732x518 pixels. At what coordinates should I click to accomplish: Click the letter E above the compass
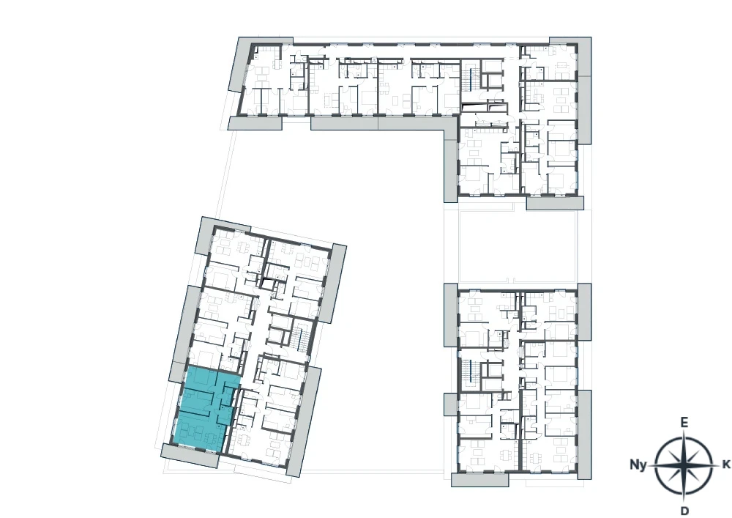tap(684, 423)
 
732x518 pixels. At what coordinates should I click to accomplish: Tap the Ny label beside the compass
tap(638, 465)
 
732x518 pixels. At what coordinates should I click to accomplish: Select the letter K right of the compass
tap(725, 465)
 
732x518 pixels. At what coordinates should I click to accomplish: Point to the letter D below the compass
tap(684, 510)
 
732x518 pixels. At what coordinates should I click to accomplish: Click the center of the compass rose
tap(684, 465)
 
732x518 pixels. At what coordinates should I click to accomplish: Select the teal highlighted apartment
tap(206, 409)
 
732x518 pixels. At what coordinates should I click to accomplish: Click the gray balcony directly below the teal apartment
tap(190, 455)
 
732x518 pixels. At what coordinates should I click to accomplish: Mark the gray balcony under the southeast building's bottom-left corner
tap(479, 480)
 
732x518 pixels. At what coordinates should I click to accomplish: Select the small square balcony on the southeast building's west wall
tap(451, 404)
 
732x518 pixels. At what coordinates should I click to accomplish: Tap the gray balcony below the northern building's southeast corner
tap(555, 203)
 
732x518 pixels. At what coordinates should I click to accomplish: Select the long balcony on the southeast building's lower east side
tap(584, 434)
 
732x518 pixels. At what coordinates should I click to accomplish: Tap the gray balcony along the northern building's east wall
tap(584, 91)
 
